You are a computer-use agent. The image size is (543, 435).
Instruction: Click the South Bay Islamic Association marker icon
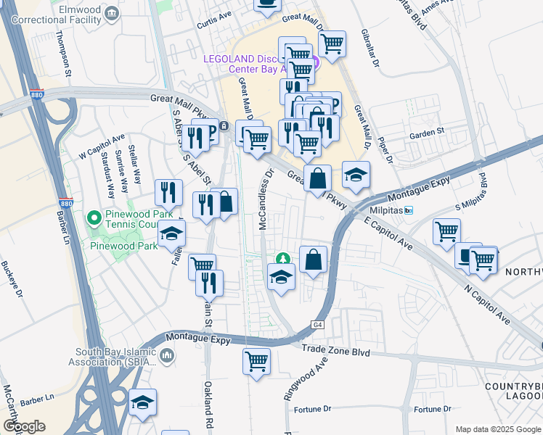click(168, 355)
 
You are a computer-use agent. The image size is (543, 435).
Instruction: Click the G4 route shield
click(318, 326)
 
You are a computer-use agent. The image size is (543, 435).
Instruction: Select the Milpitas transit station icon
click(409, 210)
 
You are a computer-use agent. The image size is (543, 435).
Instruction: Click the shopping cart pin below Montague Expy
click(256, 360)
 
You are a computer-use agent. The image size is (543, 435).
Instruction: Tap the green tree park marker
click(282, 259)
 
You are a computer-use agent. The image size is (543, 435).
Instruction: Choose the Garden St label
click(426, 133)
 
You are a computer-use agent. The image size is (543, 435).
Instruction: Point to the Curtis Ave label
click(214, 25)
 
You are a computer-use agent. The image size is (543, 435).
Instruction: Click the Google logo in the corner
click(24, 426)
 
